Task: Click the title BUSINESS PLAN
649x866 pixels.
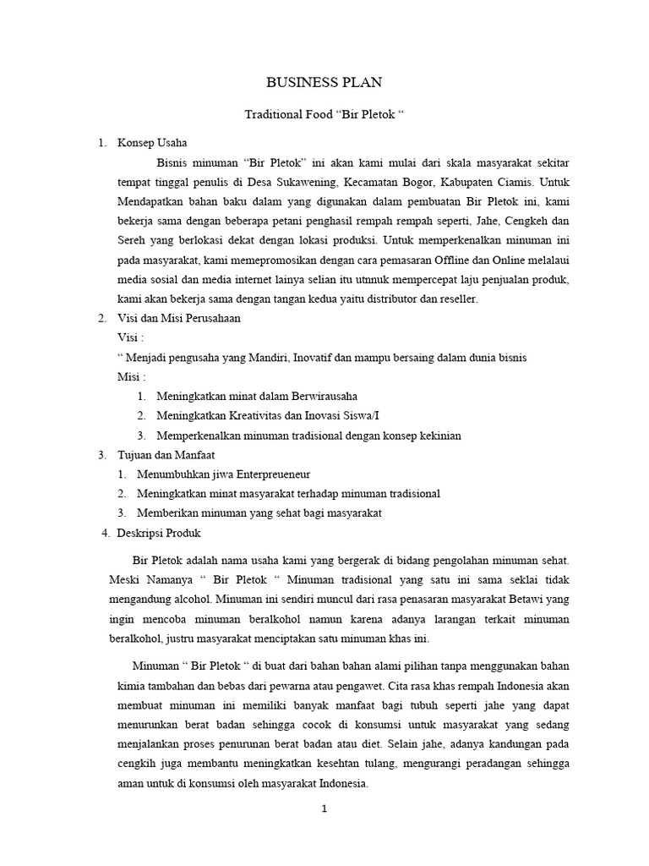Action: [324, 82]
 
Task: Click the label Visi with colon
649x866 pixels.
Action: [131, 337]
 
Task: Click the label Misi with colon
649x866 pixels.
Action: [133, 376]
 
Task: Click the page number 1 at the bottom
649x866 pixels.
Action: [324, 808]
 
